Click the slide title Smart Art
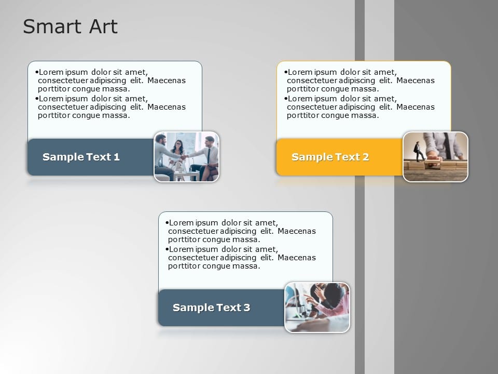click(x=70, y=26)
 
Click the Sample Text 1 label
click(x=81, y=157)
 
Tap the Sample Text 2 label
click(x=330, y=157)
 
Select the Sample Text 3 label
click(x=211, y=308)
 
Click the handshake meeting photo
click(x=186, y=157)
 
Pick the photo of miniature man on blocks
click(x=435, y=157)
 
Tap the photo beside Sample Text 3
click(x=317, y=308)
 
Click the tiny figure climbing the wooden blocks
click(x=418, y=151)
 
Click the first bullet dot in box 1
click(x=37, y=72)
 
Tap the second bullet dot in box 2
click(x=286, y=99)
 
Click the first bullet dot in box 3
click(x=167, y=223)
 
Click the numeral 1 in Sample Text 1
click(x=117, y=157)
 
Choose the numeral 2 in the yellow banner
click(x=366, y=157)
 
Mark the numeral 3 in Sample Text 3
click(x=247, y=308)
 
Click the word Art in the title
click(x=104, y=26)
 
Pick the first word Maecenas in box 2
click(x=416, y=81)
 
